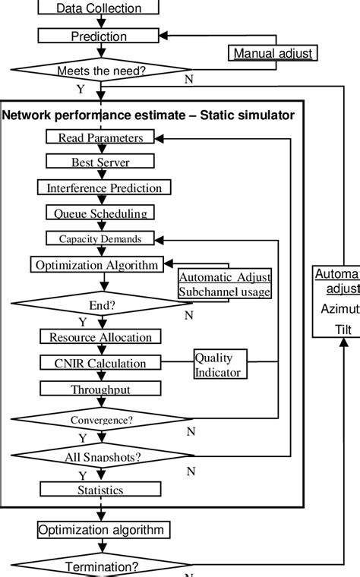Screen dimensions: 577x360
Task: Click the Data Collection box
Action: (99, 8)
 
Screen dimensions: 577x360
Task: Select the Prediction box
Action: (99, 36)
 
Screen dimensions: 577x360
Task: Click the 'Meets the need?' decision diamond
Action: (99, 71)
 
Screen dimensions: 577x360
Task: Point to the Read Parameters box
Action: (99, 137)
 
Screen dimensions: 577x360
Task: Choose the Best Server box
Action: (100, 162)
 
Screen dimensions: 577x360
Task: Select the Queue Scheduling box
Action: (99, 213)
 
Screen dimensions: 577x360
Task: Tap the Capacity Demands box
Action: (99, 238)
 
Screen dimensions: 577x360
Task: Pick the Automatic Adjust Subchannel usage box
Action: (224, 285)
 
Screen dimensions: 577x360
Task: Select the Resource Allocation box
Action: (99, 337)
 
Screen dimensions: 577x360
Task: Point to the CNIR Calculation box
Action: (99, 363)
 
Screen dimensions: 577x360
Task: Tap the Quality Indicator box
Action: (218, 364)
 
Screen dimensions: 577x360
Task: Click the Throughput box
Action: (99, 389)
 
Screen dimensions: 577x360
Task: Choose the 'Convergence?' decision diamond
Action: (99, 419)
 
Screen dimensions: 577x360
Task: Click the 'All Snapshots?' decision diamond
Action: (99, 456)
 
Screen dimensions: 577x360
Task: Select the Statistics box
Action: (99, 490)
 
